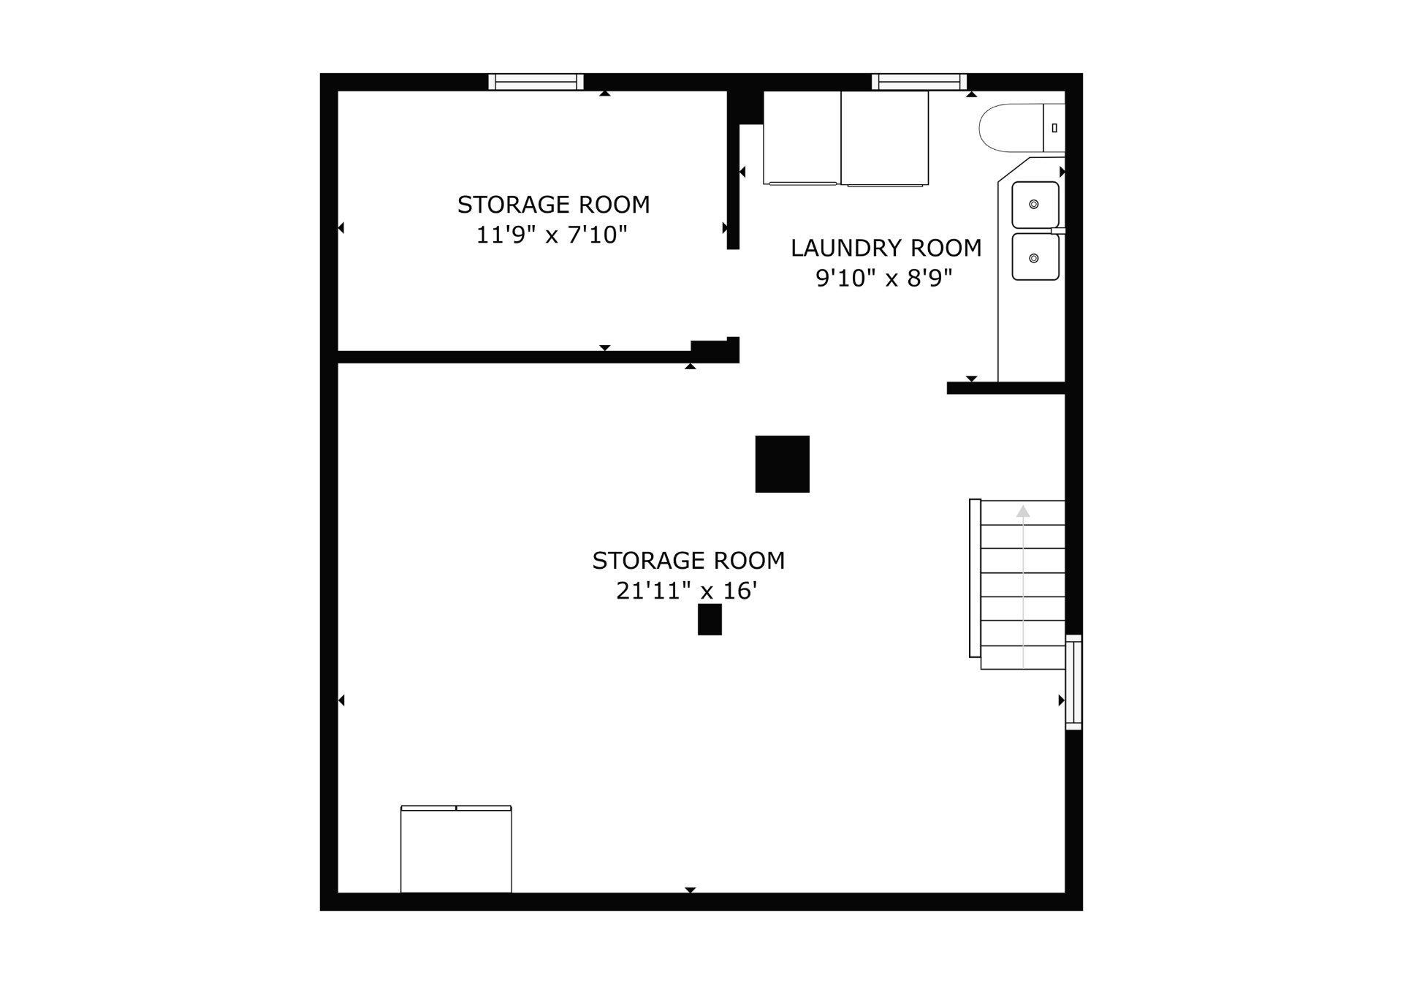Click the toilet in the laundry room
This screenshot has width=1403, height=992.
point(1020,128)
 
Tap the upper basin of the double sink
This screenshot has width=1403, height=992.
point(1035,205)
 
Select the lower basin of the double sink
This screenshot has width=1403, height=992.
point(1035,257)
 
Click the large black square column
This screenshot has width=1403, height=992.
point(782,463)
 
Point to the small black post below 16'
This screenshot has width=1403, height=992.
point(710,619)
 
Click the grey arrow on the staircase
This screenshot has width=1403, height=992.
point(1023,512)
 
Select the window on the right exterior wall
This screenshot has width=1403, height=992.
point(1073,682)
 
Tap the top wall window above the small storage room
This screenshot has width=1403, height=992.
point(536,82)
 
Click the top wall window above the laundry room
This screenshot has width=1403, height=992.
point(919,82)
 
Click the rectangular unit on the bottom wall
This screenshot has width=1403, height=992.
point(456,849)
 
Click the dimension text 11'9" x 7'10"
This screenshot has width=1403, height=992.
point(552,235)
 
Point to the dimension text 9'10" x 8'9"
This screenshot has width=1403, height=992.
point(884,279)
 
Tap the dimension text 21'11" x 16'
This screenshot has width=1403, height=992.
point(686,591)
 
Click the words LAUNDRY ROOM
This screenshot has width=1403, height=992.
point(886,249)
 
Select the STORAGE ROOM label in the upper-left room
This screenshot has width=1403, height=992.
point(553,205)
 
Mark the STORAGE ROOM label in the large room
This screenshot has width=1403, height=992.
point(688,561)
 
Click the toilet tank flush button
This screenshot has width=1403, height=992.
point(1054,128)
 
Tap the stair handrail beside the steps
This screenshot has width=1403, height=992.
point(975,578)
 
